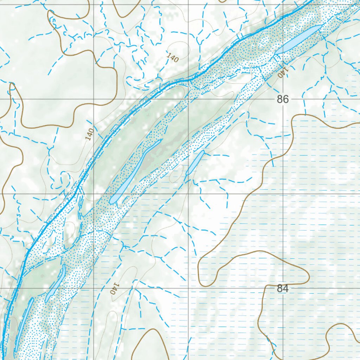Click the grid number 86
283,99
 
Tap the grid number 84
283,289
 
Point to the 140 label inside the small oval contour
173,57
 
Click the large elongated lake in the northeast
298,40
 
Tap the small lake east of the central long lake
195,163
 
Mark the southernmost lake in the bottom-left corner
24,323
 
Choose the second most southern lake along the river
56,283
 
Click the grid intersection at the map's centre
188,194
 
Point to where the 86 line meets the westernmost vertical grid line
94,99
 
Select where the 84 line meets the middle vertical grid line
188,288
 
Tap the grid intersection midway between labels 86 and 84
283,194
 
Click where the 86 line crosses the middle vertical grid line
188,99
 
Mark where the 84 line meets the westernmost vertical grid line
94,288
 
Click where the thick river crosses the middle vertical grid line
188,80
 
